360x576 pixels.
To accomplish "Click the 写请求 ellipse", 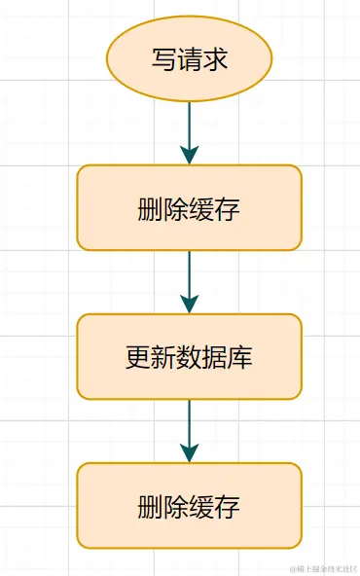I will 190,58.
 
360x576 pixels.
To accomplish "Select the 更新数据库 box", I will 190,357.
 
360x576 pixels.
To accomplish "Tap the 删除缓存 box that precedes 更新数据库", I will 190,208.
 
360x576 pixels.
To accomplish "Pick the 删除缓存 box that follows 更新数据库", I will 190,506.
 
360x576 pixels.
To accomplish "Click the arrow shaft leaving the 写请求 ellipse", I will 190,122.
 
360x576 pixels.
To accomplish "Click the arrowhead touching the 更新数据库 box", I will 190,303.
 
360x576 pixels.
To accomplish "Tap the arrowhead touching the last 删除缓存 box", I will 190,451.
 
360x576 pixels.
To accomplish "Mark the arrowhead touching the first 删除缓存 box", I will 190,154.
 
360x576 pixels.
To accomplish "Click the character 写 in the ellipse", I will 164,59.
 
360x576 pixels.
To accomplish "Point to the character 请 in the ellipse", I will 190,59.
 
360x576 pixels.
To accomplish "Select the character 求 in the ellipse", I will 215,59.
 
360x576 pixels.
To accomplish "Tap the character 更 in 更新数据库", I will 139,358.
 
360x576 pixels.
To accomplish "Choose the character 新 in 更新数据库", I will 164,358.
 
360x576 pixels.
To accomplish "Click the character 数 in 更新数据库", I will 190,358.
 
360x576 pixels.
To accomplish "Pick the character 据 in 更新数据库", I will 215,358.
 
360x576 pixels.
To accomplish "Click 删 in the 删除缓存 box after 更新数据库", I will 151,507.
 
